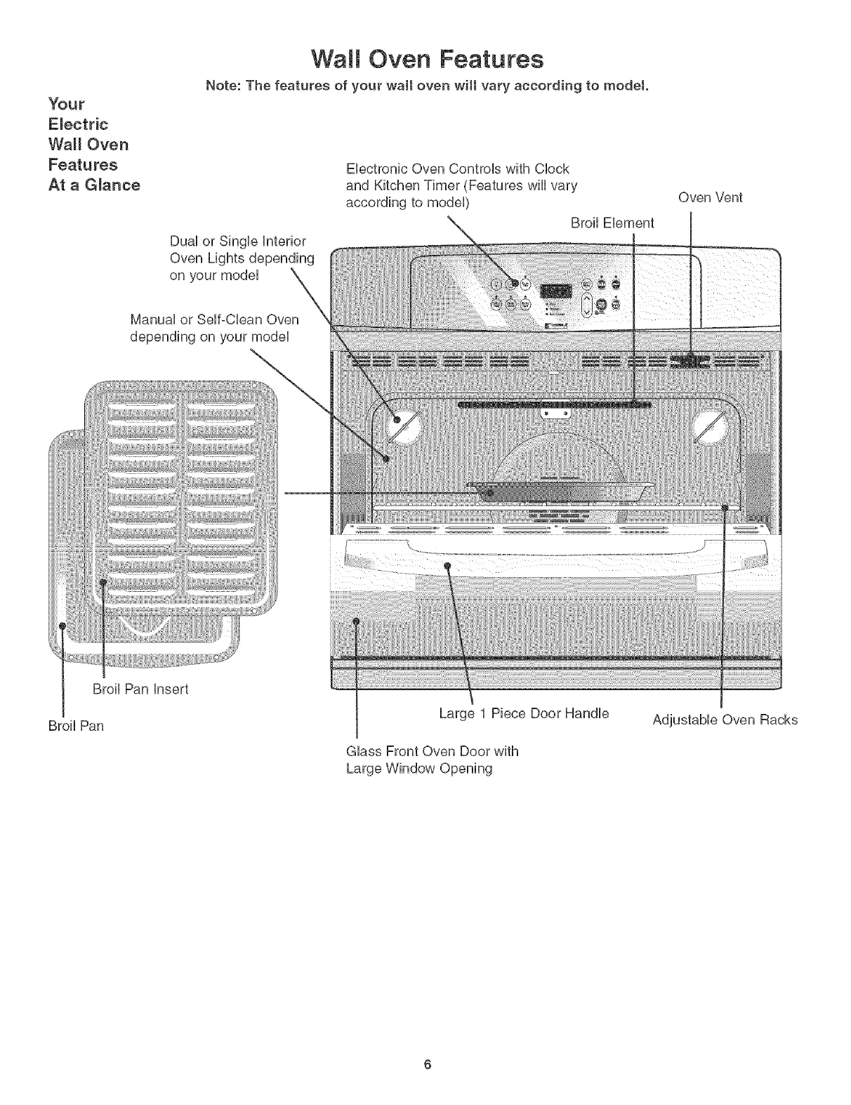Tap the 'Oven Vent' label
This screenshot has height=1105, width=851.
tap(710, 197)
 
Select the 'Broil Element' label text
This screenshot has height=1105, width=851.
tap(612, 223)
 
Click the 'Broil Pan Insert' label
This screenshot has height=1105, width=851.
tap(140, 689)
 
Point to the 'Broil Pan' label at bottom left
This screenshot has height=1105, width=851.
tap(76, 726)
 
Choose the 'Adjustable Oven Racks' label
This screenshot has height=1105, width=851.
tap(725, 720)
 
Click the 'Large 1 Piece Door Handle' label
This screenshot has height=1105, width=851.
tap(524, 713)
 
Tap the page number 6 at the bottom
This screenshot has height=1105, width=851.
tap(426, 1064)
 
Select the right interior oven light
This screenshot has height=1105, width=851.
tap(713, 426)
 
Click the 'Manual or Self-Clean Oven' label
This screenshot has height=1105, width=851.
tap(214, 320)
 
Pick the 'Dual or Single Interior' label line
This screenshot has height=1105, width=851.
tap(238, 241)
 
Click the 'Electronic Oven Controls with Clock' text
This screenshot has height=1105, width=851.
tap(457, 168)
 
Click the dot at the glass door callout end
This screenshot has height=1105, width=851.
tap(356, 621)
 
